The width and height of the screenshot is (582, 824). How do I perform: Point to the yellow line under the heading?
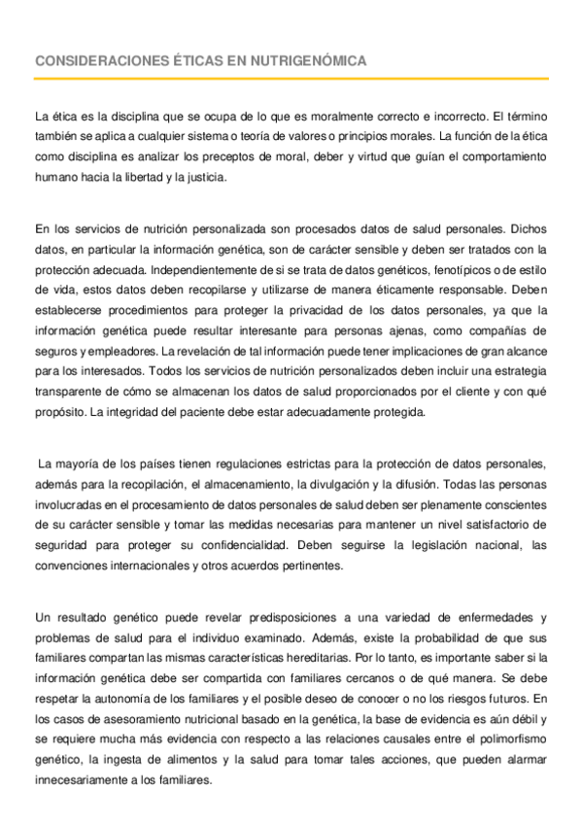pos(291,79)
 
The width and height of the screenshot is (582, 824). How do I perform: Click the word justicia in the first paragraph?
pos(225,178)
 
